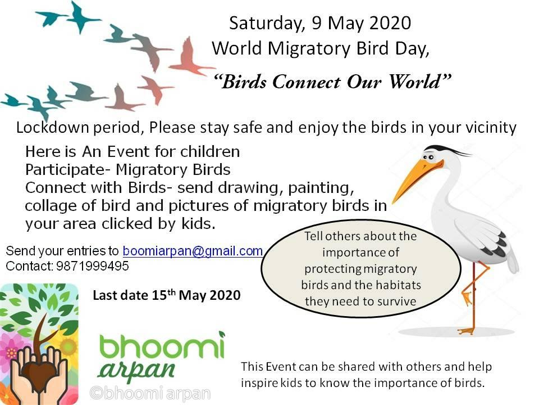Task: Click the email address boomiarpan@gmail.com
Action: (x=193, y=251)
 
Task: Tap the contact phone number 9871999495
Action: (x=93, y=266)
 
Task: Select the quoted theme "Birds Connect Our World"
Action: (x=332, y=82)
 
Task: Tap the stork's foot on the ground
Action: (x=466, y=331)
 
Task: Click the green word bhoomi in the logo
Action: (x=162, y=345)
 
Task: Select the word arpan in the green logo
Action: (x=136, y=370)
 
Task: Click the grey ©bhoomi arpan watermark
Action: (x=150, y=393)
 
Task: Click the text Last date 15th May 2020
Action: (x=167, y=295)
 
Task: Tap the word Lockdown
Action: (x=53, y=128)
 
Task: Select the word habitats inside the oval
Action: (x=400, y=285)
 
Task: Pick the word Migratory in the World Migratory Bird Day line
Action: (x=309, y=48)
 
